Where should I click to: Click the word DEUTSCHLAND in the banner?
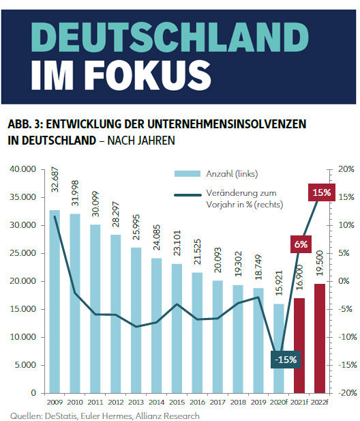click(x=170, y=37)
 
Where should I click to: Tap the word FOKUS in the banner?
click(x=150, y=76)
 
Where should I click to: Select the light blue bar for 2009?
click(x=55, y=302)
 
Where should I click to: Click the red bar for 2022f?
click(x=320, y=338)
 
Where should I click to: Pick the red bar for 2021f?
click(x=299, y=345)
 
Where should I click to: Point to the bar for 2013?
click(x=136, y=320)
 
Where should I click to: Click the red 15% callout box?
click(x=322, y=192)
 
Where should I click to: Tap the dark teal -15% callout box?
click(x=286, y=360)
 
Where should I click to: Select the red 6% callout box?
click(x=301, y=244)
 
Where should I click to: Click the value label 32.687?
click(x=55, y=179)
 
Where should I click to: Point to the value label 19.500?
click(x=320, y=263)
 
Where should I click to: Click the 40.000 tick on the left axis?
click(x=22, y=169)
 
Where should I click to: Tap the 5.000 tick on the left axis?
click(x=25, y=365)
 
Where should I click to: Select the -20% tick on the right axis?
click(x=348, y=393)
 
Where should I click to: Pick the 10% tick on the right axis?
click(x=346, y=225)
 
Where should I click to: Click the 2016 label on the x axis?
click(x=197, y=402)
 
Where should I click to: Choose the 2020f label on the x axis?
click(x=279, y=402)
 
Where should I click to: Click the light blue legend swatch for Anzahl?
click(x=187, y=174)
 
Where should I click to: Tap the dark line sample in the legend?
click(x=187, y=195)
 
